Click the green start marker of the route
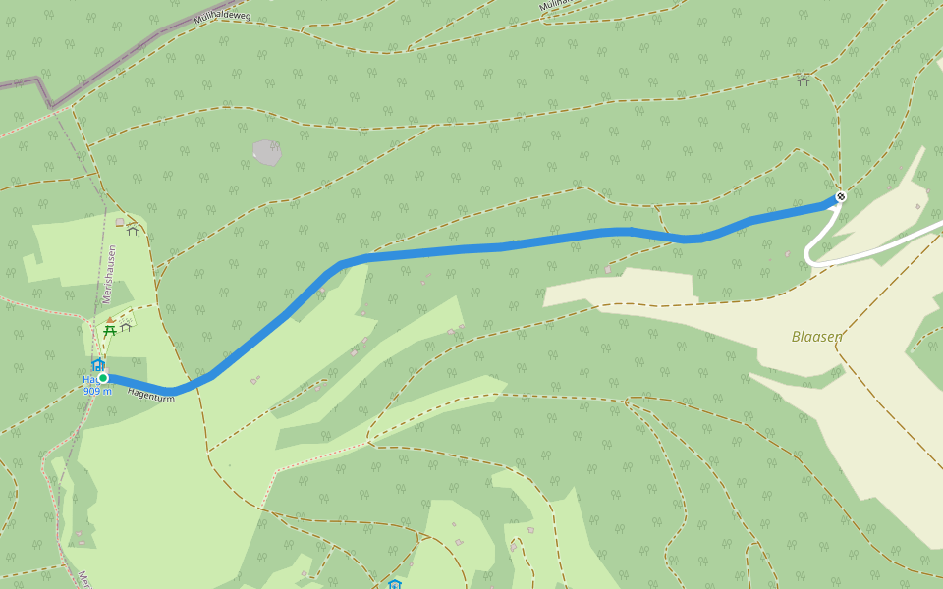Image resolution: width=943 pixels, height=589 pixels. pos(103,378)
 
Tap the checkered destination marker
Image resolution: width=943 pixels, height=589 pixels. pos(840,197)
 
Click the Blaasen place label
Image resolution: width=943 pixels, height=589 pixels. pos(816,337)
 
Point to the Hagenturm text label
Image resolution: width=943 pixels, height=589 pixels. pos(150,394)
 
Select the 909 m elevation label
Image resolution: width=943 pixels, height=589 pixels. pos(97,391)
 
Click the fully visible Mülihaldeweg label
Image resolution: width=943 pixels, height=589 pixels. pos(223,17)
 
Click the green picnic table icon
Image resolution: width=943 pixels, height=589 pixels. pos(110,331)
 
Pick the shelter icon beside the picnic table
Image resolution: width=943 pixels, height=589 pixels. pos(126,327)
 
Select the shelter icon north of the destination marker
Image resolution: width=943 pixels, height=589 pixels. pos(804,80)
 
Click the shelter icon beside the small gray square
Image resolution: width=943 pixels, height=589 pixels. pos(133,230)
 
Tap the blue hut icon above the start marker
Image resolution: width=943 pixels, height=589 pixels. pos(98,365)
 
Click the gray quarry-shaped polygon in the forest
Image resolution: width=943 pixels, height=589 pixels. pos(266,152)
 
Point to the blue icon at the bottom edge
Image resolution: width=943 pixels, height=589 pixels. pos(394,584)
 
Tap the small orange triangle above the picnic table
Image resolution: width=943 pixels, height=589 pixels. pos(110,320)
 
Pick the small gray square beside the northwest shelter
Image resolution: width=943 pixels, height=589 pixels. pos(120,222)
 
